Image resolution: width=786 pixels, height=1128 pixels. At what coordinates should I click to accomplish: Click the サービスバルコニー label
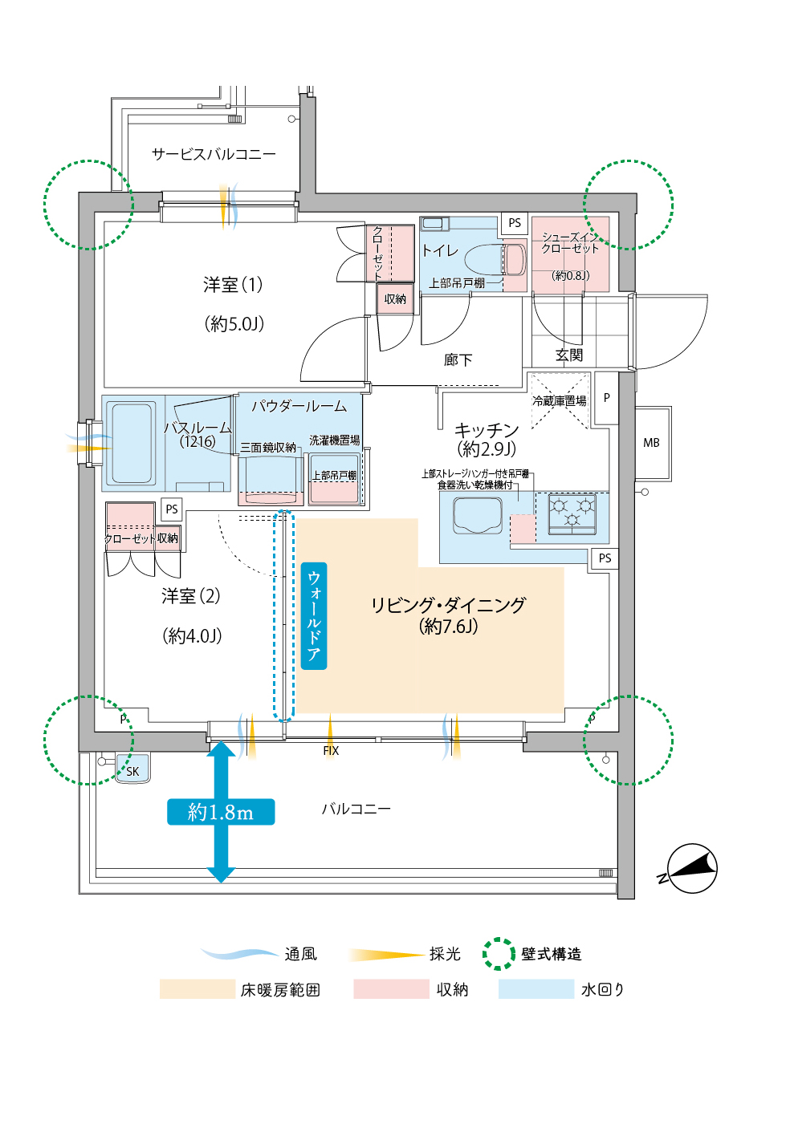[214, 153]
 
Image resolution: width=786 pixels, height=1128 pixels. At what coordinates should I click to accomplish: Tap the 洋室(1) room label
[233, 285]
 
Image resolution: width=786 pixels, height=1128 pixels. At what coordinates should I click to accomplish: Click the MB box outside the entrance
[651, 443]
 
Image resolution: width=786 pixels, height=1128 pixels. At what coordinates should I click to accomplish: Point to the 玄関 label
[569, 355]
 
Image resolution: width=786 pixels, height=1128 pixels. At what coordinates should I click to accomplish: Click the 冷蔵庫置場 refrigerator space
[560, 400]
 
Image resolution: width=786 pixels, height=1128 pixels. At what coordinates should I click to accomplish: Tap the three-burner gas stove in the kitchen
[572, 513]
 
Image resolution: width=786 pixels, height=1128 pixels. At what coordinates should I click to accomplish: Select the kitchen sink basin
[478, 515]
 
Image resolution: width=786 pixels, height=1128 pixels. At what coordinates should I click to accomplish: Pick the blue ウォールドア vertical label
[314, 615]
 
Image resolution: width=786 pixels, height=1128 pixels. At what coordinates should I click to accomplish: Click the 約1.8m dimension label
[221, 812]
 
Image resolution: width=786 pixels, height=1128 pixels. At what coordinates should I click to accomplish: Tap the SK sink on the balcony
[132, 769]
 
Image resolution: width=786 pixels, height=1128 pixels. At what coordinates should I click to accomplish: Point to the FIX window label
[331, 751]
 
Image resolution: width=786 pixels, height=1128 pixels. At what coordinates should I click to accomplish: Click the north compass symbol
[690, 869]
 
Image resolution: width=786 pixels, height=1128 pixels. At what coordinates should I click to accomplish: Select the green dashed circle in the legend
[499, 954]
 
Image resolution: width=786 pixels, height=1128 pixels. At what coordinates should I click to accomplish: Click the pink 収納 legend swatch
[391, 989]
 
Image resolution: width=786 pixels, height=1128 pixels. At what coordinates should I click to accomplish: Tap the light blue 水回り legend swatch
[536, 989]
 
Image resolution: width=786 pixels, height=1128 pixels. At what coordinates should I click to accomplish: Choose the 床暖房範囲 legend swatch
[197, 989]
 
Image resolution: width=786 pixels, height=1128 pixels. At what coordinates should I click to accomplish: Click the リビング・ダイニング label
[448, 605]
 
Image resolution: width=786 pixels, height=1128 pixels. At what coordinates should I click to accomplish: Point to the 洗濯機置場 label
[334, 440]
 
